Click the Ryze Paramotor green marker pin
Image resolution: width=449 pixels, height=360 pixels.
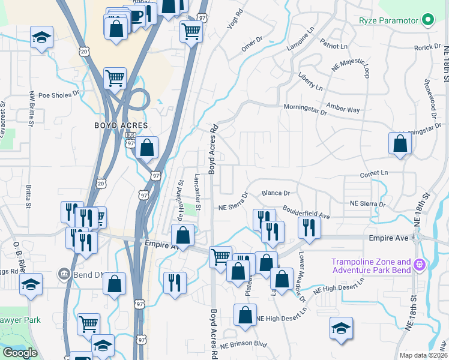click(427, 21)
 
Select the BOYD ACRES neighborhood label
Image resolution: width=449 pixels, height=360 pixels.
click(121, 125)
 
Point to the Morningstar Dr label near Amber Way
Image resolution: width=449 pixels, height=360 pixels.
click(305, 109)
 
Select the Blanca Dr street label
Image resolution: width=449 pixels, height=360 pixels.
click(276, 194)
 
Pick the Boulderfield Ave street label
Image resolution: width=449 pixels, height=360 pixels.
click(307, 213)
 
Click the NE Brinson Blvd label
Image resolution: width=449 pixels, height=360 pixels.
click(243, 346)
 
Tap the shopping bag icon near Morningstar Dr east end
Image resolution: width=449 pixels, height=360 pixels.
click(400, 144)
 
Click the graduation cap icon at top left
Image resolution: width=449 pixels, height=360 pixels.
click(42, 38)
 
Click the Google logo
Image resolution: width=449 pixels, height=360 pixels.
click(20, 353)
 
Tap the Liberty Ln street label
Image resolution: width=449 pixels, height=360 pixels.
click(310, 81)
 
